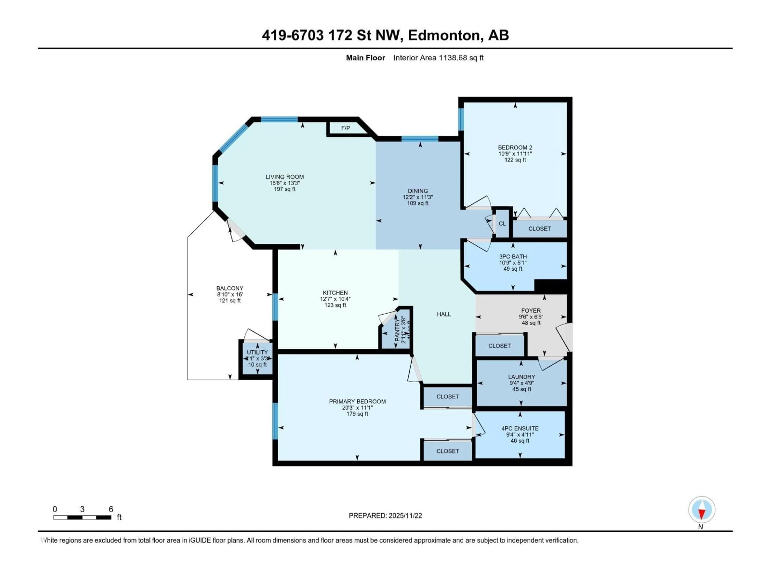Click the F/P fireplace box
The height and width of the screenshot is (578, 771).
click(x=345, y=128)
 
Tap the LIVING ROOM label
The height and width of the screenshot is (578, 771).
click(x=285, y=177)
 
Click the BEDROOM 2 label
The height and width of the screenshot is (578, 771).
click(x=515, y=147)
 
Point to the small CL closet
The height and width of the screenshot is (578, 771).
click(x=502, y=223)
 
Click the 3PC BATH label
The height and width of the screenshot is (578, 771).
click(x=513, y=256)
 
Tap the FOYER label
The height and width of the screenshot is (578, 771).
click(x=531, y=310)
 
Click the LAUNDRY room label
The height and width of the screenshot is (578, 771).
click(x=521, y=377)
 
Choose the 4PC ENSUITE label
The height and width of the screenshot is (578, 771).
click(x=520, y=428)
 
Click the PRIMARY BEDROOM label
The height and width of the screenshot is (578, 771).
click(x=357, y=401)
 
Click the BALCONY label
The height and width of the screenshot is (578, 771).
click(x=230, y=288)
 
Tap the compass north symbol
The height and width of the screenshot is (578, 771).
click(x=702, y=510)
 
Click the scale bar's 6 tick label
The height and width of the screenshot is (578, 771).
click(x=111, y=509)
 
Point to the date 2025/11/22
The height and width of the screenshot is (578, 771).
click(x=405, y=516)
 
